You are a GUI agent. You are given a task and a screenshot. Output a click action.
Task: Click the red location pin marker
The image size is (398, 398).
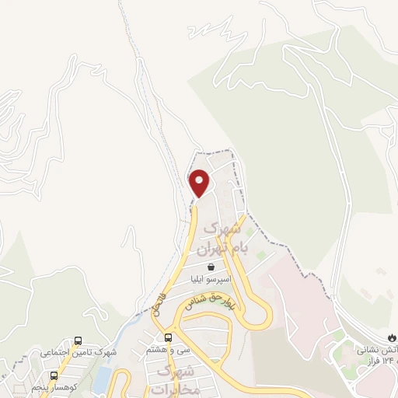click(200, 183)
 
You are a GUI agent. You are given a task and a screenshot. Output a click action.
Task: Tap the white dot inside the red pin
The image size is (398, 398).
click(200, 180)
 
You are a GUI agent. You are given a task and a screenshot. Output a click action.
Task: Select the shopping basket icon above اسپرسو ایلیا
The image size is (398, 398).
click(210, 266)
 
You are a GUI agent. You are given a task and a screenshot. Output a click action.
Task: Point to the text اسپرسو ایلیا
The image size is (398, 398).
click(210, 278)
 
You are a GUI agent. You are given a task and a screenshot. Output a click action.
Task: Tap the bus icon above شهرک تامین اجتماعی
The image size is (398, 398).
click(78, 340)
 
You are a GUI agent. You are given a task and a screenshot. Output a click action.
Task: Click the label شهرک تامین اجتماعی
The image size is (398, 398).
click(78, 353)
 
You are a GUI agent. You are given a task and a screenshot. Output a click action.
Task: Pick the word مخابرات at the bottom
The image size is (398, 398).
click(178, 389)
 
